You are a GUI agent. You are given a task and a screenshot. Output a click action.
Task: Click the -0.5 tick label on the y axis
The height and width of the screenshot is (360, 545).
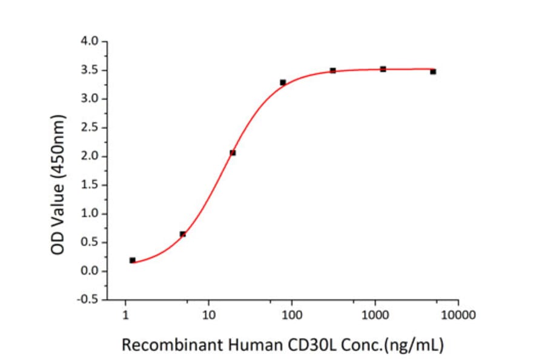(x=89, y=299)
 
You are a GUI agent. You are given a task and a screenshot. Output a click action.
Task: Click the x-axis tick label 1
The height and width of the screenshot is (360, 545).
(x=125, y=315)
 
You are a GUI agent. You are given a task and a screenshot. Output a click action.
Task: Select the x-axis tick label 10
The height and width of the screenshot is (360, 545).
(x=208, y=315)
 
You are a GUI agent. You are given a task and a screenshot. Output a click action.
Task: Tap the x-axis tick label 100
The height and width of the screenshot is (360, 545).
(x=292, y=315)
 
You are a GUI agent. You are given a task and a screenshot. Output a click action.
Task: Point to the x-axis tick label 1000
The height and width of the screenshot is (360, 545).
(x=375, y=315)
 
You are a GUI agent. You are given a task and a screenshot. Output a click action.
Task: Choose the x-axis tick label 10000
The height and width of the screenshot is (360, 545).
(x=458, y=315)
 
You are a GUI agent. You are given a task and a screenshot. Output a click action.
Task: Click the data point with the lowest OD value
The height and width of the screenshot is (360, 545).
(x=133, y=260)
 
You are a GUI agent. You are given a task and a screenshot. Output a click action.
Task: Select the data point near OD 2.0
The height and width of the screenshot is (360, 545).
(x=233, y=153)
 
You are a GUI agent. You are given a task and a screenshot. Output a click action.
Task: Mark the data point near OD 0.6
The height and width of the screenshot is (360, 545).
(x=183, y=234)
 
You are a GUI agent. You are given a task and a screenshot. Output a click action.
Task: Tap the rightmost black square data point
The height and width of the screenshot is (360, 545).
(x=433, y=72)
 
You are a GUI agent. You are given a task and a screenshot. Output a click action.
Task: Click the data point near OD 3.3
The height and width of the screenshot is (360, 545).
(x=283, y=82)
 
